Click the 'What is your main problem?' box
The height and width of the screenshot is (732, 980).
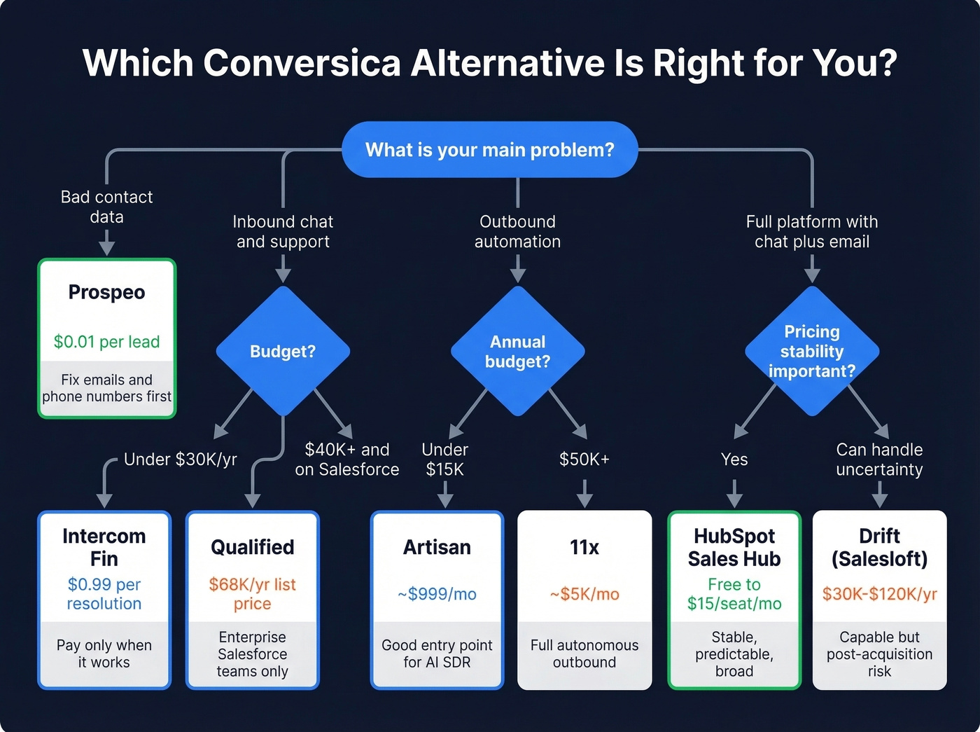click(489, 150)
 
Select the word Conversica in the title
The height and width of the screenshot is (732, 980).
click(302, 63)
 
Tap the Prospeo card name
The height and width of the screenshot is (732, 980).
click(106, 292)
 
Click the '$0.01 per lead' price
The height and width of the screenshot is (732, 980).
click(106, 342)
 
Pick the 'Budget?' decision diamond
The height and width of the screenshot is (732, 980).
click(283, 351)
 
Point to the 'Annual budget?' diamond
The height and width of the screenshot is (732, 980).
click(517, 352)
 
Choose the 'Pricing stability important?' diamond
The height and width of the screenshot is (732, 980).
click(811, 351)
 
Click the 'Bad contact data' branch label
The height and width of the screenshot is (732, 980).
click(106, 207)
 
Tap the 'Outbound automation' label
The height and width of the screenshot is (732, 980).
click(517, 231)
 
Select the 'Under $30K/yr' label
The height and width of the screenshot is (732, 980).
click(180, 460)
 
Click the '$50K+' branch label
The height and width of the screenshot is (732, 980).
click(584, 460)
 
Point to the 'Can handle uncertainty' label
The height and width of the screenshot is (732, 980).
click(879, 460)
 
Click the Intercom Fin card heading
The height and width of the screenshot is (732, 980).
click(104, 547)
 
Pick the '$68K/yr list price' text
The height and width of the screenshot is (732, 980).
click(252, 593)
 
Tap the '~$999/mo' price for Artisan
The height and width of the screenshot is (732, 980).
click(437, 594)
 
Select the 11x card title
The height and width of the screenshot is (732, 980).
click(584, 547)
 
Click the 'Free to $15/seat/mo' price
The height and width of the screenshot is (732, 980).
click(734, 593)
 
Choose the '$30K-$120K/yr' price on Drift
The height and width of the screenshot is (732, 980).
click(879, 594)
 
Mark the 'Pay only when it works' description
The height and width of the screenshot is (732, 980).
click(104, 654)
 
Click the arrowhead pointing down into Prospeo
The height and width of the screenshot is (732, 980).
click(106, 247)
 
